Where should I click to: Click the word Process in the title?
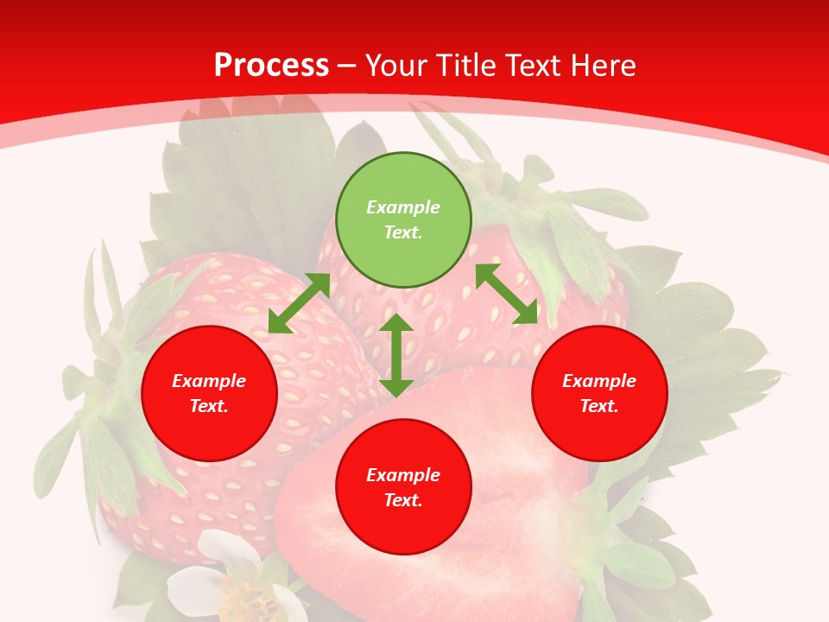click(x=271, y=66)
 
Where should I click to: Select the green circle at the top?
click(x=403, y=220)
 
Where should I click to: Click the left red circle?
click(x=209, y=393)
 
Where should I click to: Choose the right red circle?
click(x=599, y=393)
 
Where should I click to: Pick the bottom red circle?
click(x=403, y=487)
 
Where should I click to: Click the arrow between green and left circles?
click(x=299, y=303)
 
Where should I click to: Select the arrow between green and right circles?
click(x=507, y=294)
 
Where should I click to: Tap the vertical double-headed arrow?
click(x=396, y=355)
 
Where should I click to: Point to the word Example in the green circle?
click(x=403, y=207)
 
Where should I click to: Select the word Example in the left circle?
click(x=209, y=381)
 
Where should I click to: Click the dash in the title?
click(x=347, y=66)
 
